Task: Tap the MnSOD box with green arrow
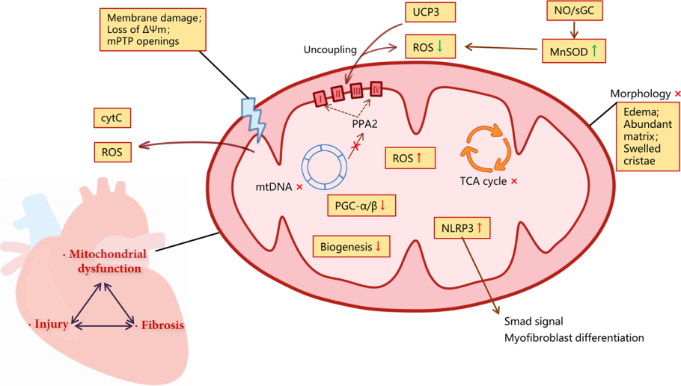[x=573, y=52]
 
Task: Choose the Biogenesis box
[x=351, y=245]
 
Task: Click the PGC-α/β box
[x=361, y=205]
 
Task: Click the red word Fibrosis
[x=159, y=326]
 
